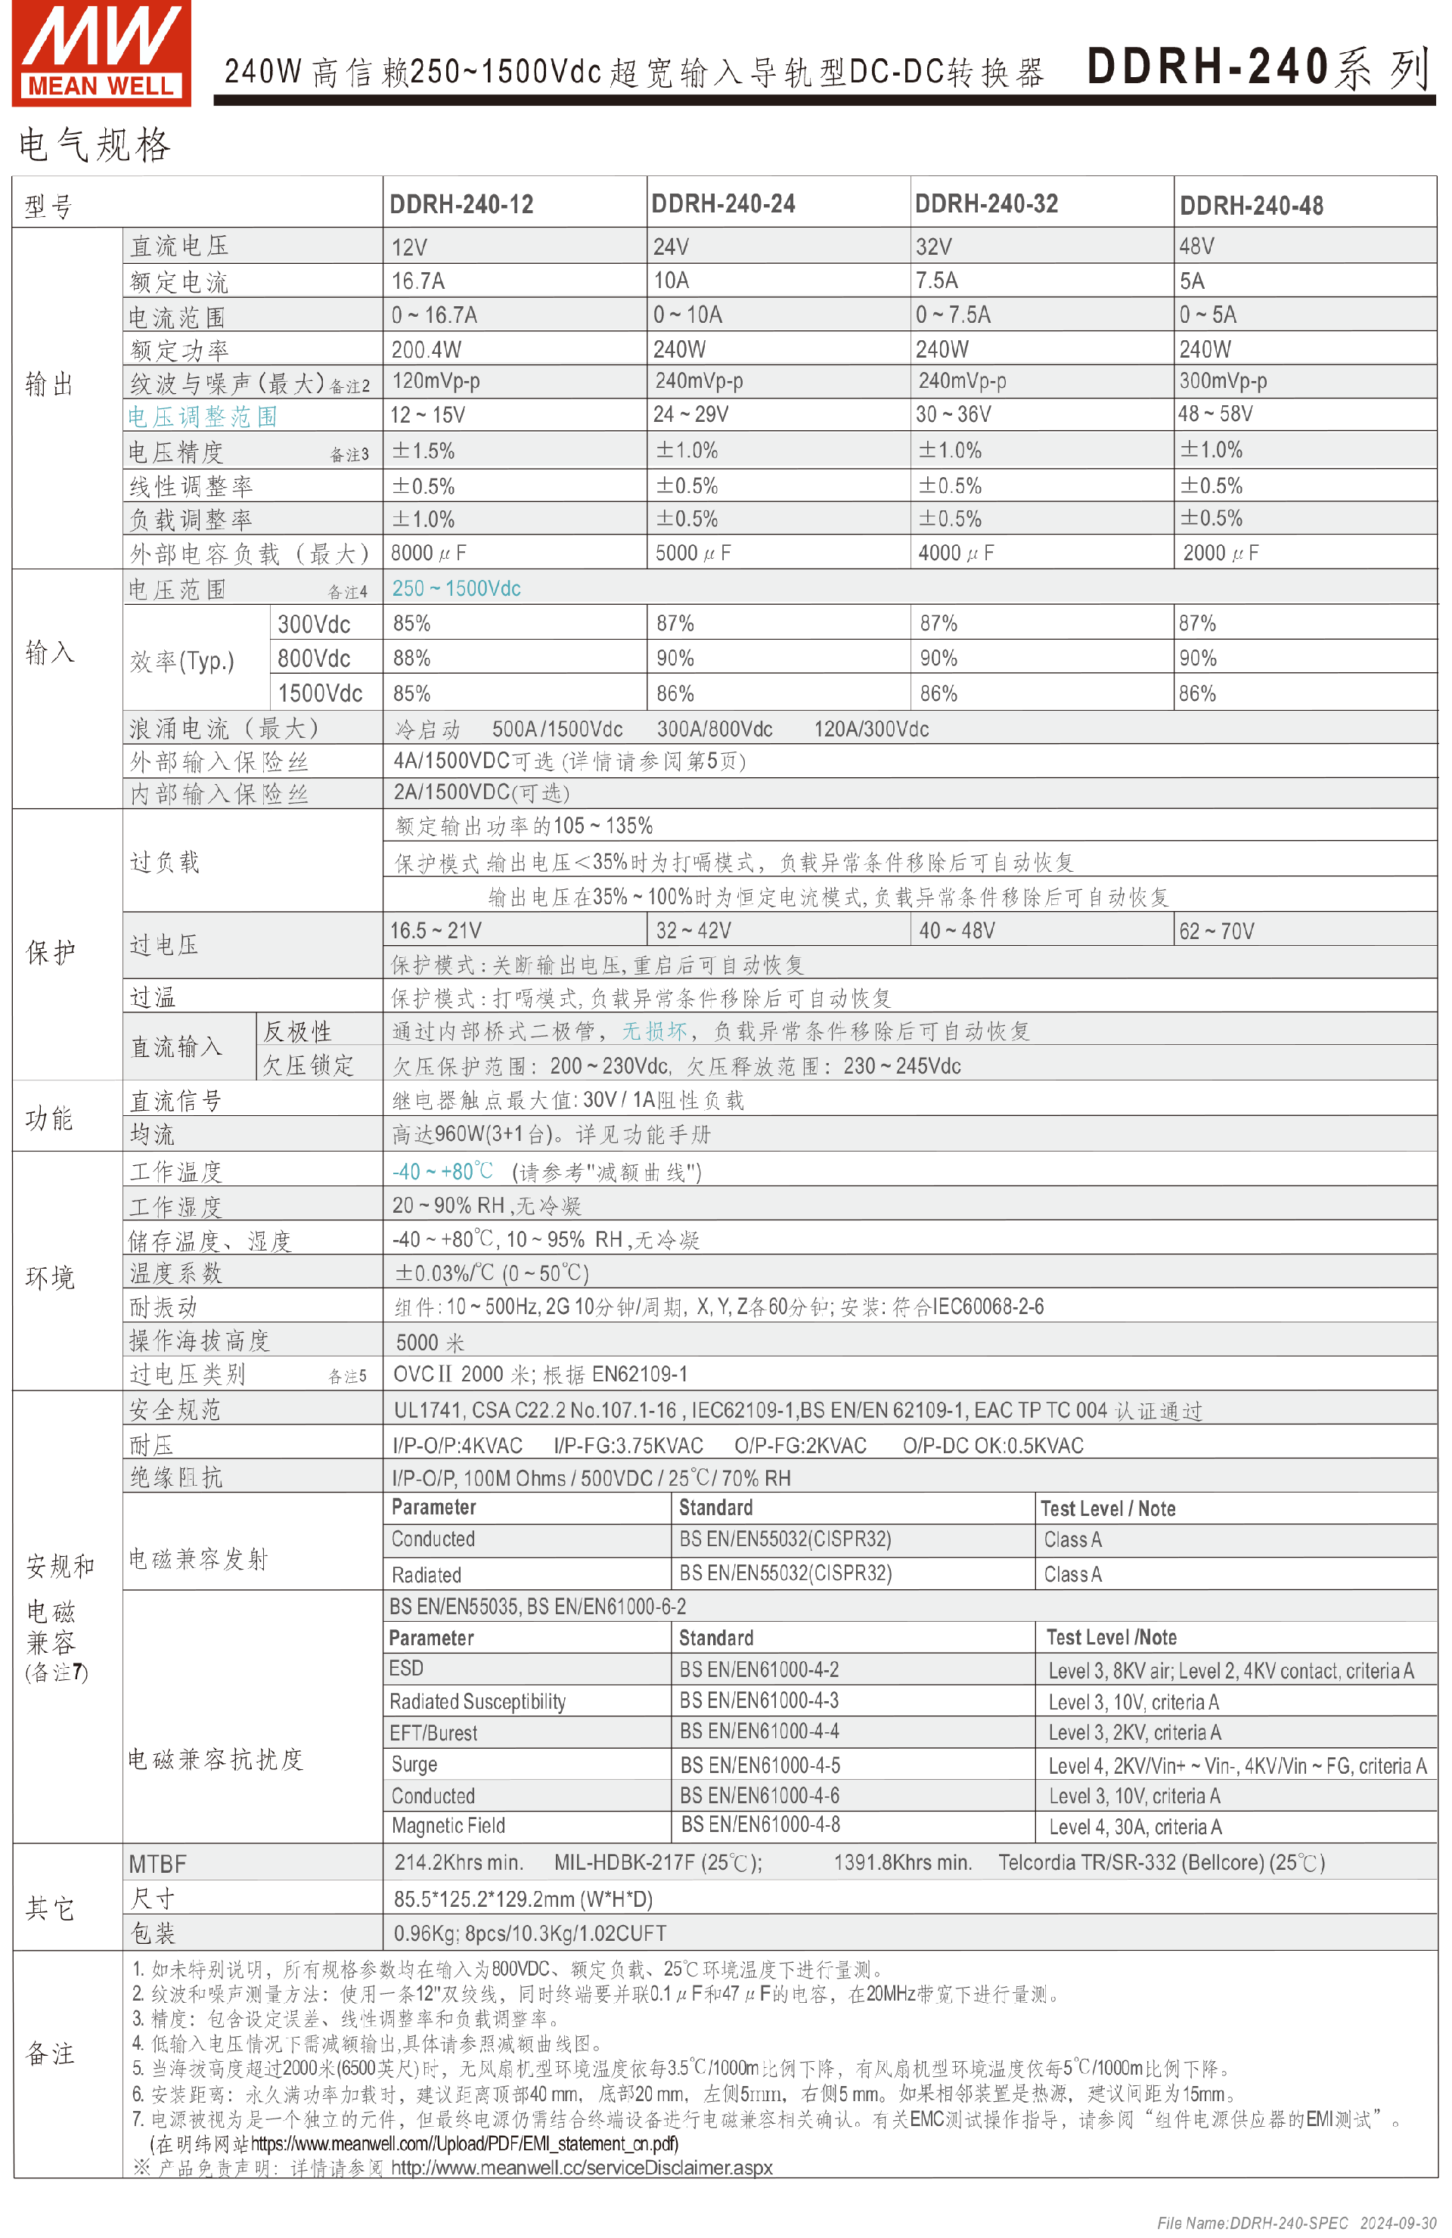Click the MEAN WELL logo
click(101, 53)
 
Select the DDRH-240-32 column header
click(986, 204)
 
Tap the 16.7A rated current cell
click(418, 281)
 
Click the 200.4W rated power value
click(426, 350)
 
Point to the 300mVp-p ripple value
click(1224, 381)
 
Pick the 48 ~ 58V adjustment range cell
click(1216, 414)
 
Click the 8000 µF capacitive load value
click(429, 553)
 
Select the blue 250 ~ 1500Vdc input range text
click(456, 589)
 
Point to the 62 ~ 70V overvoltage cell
click(1217, 931)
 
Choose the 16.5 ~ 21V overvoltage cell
click(436, 931)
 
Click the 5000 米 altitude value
click(430, 1342)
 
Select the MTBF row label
click(158, 1864)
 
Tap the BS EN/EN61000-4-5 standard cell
click(760, 1765)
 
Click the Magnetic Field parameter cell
click(448, 1826)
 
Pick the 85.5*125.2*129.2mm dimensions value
click(523, 1899)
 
